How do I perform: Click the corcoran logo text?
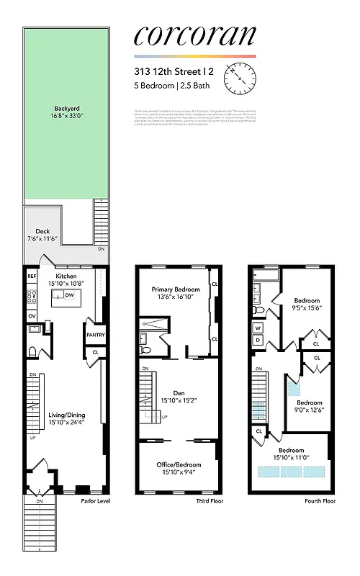pos(194,36)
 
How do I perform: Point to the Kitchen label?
pos(67,276)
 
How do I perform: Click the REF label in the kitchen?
pos(32,276)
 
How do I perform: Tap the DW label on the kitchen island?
pos(69,295)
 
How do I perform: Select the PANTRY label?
pos(96,335)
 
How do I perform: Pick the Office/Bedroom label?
pos(179,464)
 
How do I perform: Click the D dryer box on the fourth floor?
pos(258,340)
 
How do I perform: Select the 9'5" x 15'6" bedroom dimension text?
pos(307,308)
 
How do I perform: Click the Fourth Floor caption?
pos(320,501)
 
